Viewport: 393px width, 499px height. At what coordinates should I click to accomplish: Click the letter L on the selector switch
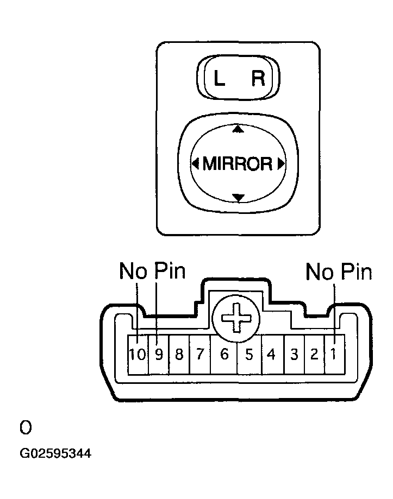click(x=219, y=80)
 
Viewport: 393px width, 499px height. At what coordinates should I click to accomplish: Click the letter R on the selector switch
click(x=258, y=80)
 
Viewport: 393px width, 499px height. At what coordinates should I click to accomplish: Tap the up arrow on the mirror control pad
click(x=237, y=129)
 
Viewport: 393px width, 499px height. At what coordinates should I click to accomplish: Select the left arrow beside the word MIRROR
click(x=195, y=163)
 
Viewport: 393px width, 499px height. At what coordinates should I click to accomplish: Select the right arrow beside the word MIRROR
click(x=280, y=163)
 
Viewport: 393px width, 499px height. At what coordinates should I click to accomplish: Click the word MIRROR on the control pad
click(x=237, y=163)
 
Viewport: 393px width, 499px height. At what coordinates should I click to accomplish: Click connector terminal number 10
click(x=138, y=355)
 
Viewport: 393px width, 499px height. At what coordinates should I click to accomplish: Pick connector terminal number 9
click(x=159, y=355)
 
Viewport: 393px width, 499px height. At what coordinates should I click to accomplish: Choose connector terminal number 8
click(x=179, y=355)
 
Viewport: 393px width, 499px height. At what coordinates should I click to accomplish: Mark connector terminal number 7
click(x=199, y=355)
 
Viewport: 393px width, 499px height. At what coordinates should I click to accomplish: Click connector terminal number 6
click(x=223, y=355)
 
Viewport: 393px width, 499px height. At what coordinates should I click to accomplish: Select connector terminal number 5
click(x=249, y=355)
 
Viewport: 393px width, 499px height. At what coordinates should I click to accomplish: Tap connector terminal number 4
click(x=272, y=355)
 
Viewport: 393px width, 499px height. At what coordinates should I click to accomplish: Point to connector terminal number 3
click(x=294, y=355)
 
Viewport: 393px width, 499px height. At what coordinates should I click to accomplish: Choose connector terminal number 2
click(x=314, y=355)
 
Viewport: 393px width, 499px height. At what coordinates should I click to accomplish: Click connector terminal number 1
click(x=334, y=355)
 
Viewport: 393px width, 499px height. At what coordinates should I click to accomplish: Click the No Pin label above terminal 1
click(x=339, y=271)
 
